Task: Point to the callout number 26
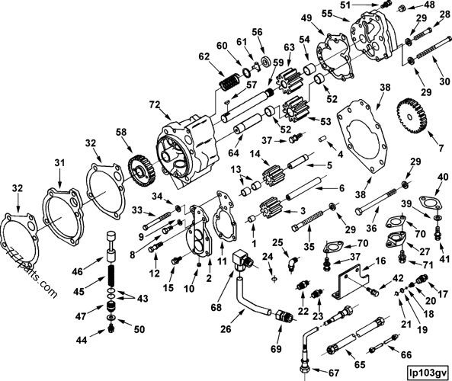click(226, 331)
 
